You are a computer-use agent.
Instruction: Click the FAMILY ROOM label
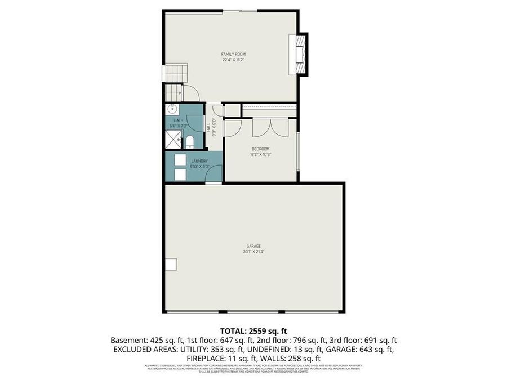[233, 54]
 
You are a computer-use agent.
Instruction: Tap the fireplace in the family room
[299, 55]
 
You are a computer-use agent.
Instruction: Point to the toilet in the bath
[190, 141]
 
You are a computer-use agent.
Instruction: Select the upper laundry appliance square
[180, 159]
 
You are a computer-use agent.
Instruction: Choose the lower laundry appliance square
[180, 175]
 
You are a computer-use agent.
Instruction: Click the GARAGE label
[253, 246]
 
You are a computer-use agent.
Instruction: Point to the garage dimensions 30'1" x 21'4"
[253, 252]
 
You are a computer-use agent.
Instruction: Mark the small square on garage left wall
[170, 263]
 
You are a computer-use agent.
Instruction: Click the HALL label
[208, 127]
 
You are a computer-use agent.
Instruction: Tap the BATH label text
[179, 120]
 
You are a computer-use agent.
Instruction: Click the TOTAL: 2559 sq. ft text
[253, 331]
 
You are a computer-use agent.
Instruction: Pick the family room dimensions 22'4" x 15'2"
[233, 60]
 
